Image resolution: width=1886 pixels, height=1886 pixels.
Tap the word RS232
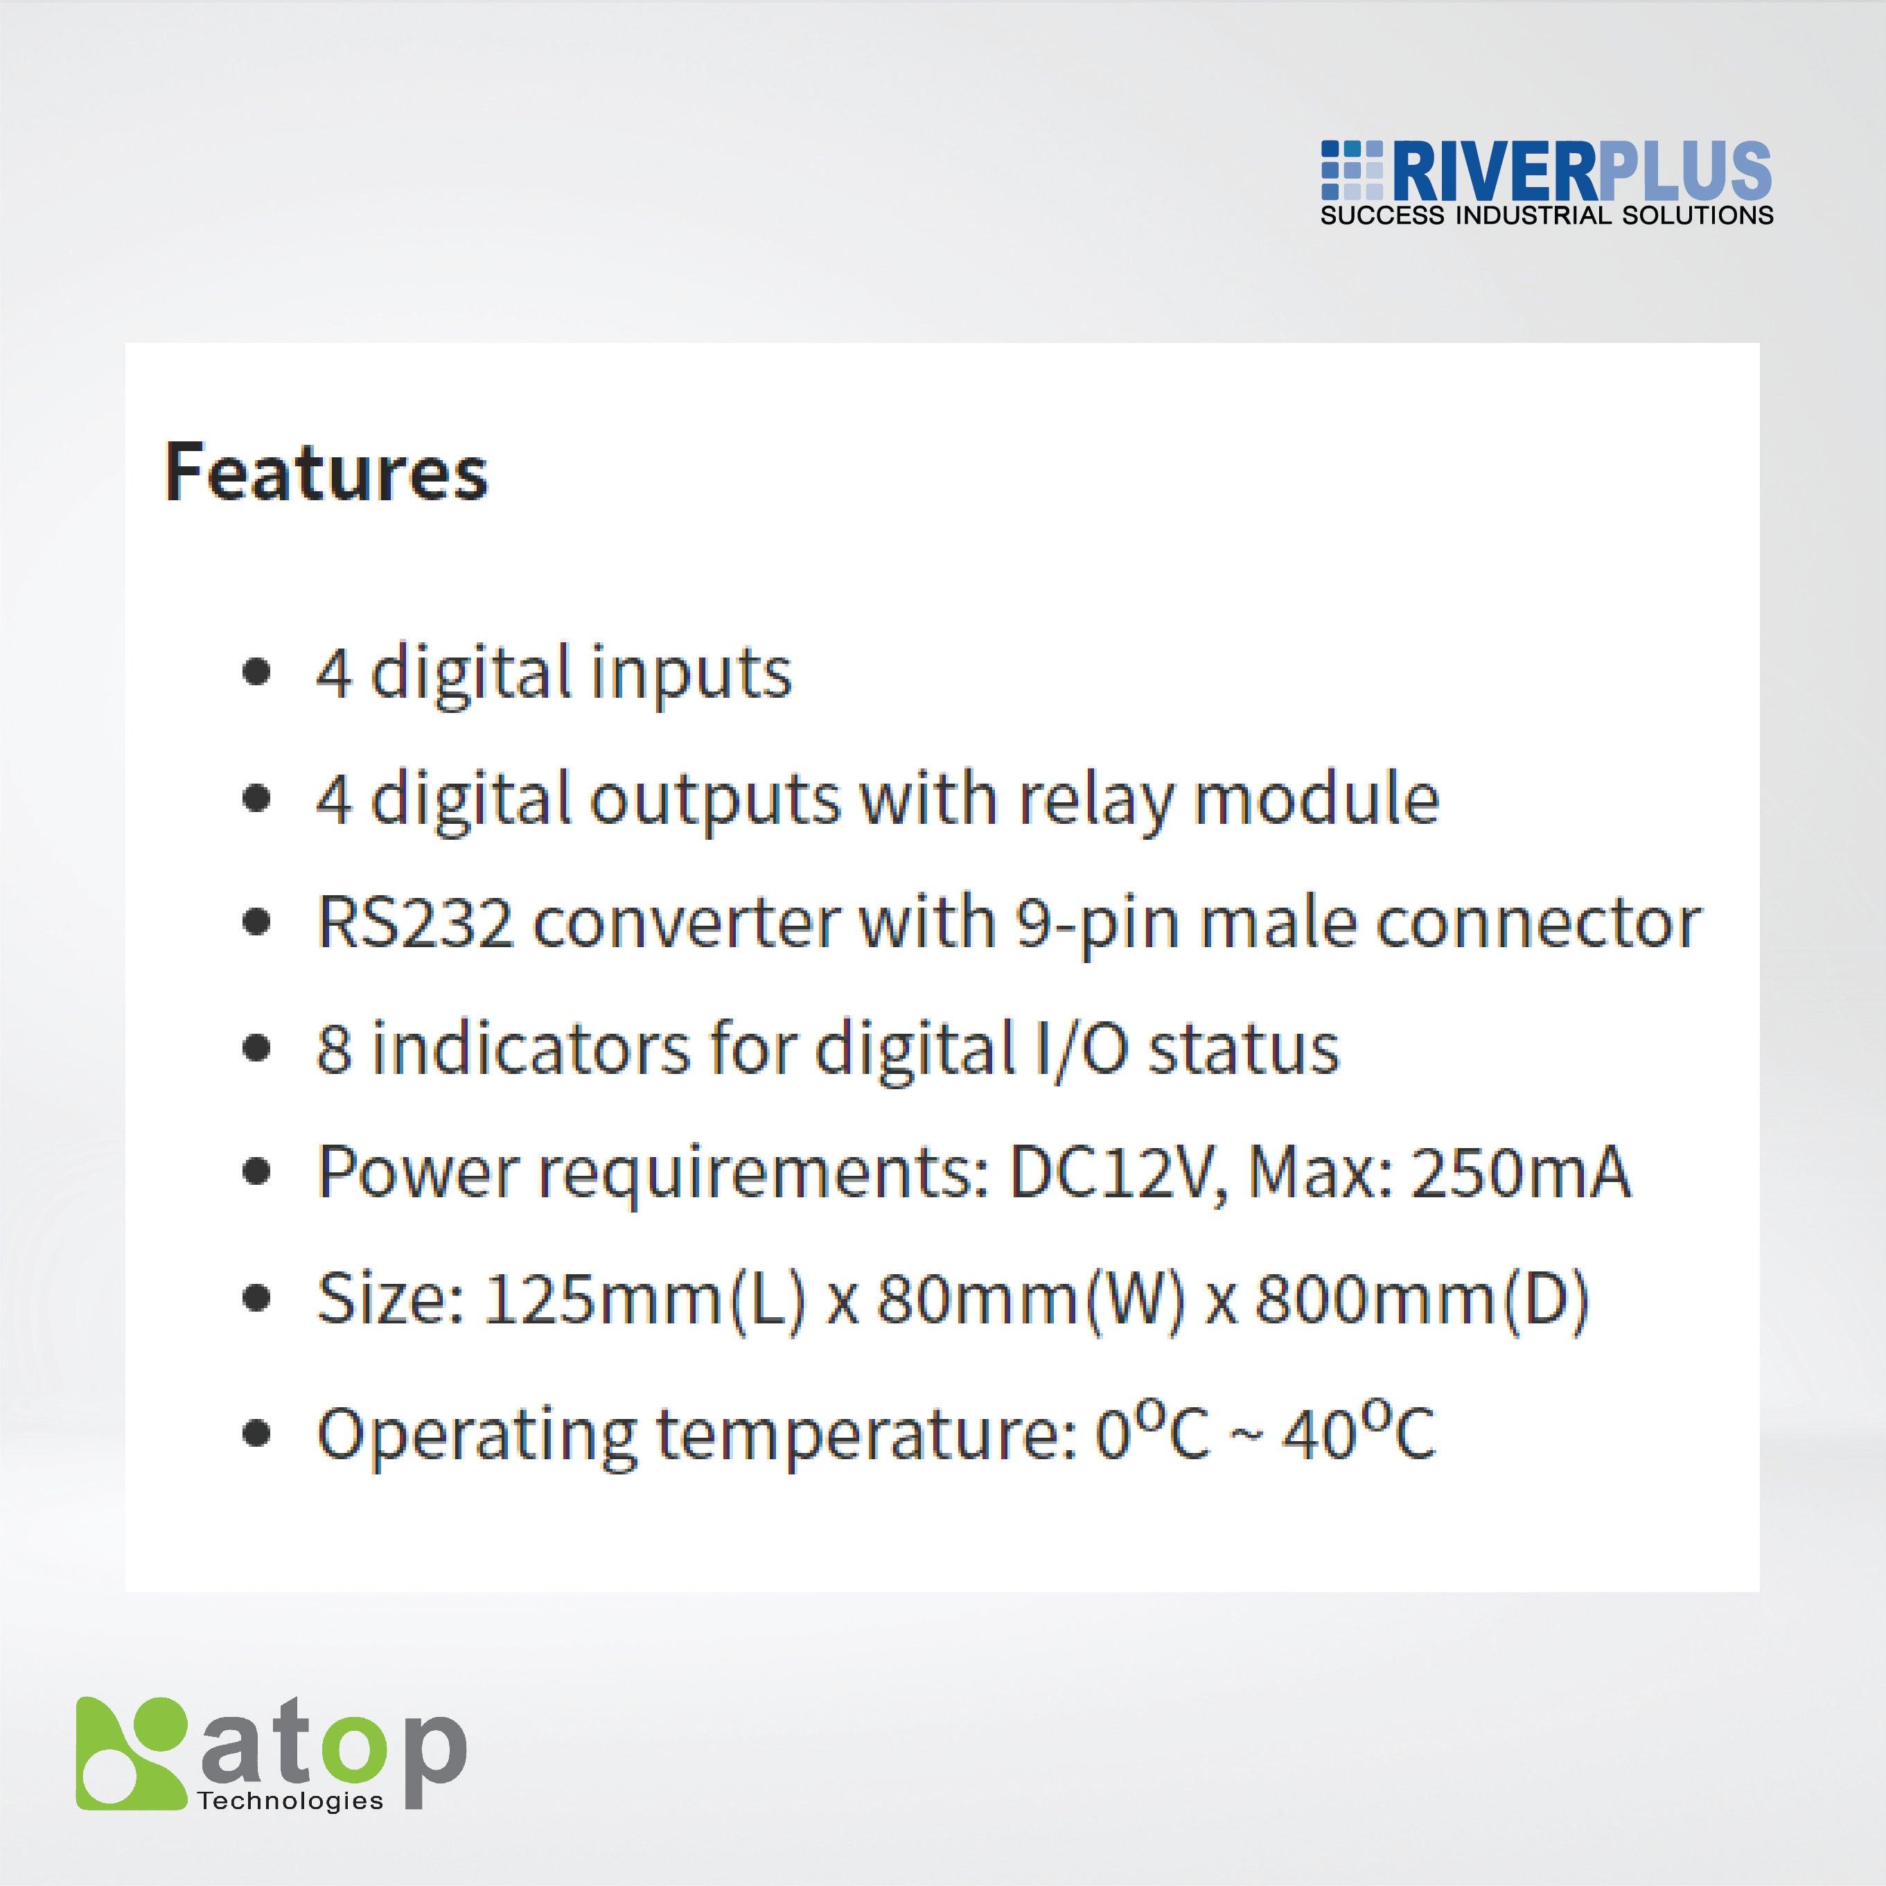click(415, 922)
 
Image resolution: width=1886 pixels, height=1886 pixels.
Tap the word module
click(1318, 798)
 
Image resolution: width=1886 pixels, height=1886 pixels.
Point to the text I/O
click(1073, 1048)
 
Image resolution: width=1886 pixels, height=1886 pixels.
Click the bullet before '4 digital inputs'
click(256, 673)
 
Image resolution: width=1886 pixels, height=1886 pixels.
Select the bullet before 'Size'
click(256, 1299)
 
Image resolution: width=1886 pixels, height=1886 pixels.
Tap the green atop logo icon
click(131, 1752)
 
